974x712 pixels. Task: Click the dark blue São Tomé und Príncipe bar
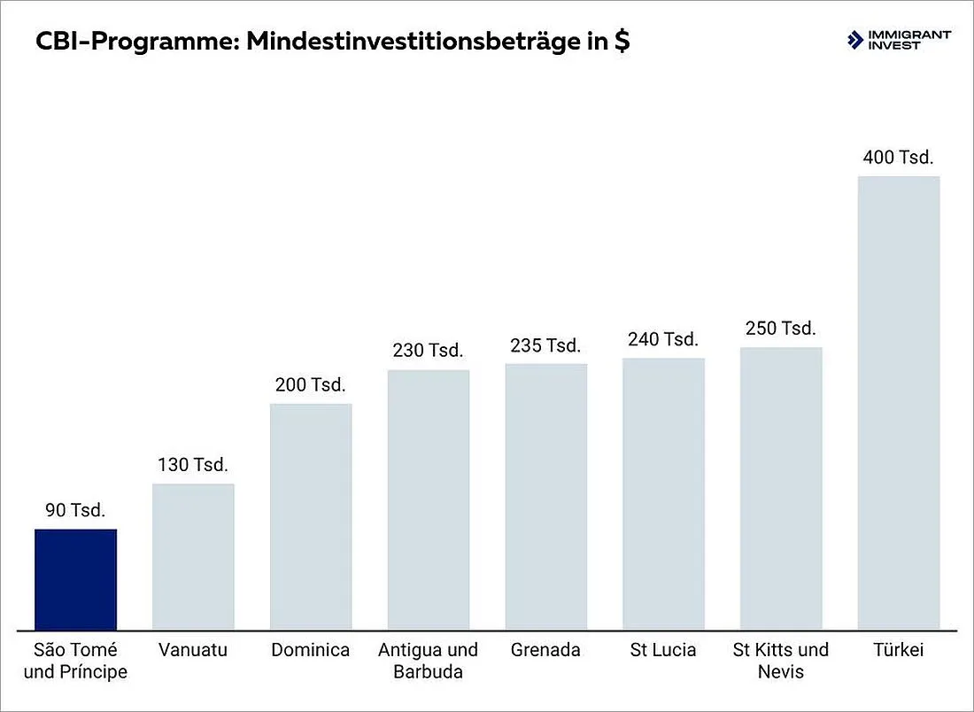tap(76, 580)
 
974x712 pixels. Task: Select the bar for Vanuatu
tap(193, 557)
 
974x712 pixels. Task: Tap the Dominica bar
tap(311, 517)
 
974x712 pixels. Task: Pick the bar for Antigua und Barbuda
tap(429, 500)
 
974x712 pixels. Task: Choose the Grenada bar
tap(546, 497)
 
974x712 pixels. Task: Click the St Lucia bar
tap(663, 494)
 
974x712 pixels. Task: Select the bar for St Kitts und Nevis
tap(781, 489)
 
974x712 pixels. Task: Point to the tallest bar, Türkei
tap(899, 403)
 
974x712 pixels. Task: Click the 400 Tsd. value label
tap(898, 157)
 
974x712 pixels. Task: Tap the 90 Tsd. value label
tap(76, 510)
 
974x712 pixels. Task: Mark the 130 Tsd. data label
tap(193, 465)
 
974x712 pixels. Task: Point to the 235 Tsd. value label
tap(545, 345)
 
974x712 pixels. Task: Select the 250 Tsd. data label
tap(781, 328)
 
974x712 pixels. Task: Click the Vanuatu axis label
tap(193, 650)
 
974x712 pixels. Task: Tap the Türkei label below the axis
tap(898, 650)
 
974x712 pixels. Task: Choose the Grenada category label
tap(545, 650)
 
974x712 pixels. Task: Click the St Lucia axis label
tap(663, 650)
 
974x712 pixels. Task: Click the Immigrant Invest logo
tap(899, 40)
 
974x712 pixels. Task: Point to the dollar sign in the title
tap(622, 41)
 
